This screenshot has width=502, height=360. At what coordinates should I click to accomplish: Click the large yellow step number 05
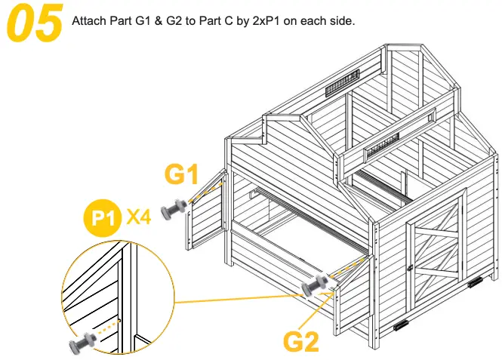pos(35,23)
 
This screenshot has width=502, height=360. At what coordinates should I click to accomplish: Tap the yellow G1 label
pos(183,175)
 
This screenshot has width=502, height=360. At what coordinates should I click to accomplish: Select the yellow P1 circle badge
pos(102,219)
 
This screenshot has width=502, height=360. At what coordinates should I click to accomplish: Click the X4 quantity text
pos(140,218)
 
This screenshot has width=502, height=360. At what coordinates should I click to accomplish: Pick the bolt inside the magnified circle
pos(82,341)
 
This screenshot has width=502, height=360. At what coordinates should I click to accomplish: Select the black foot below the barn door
pos(399,329)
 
